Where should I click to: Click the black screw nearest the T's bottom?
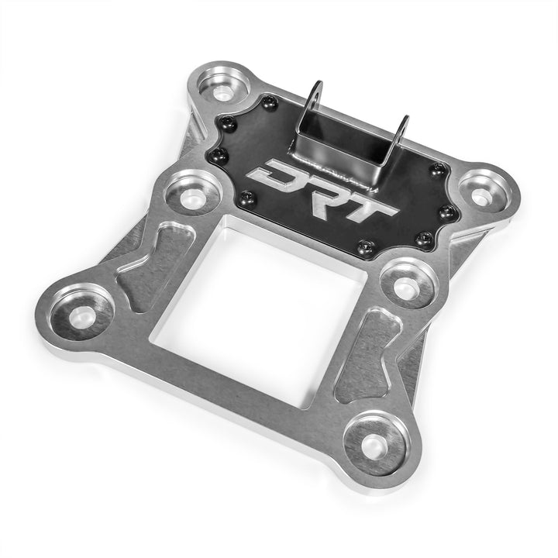tap(365, 247)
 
